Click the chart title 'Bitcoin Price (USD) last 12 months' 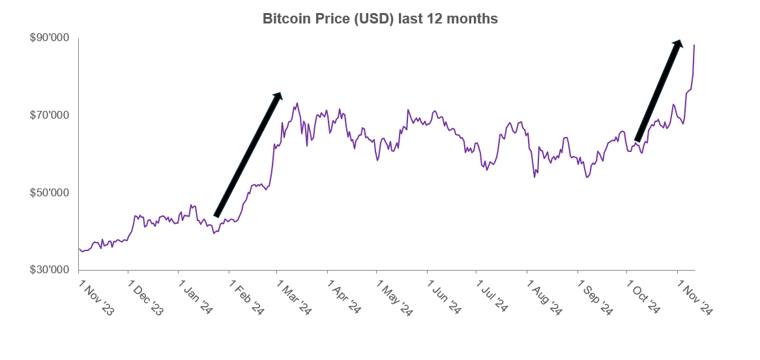tap(380, 19)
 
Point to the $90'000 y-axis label tap(50, 38)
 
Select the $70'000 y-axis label tap(50, 115)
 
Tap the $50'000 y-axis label tap(50, 193)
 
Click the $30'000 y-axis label tap(50, 270)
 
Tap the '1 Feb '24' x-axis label tap(246, 299)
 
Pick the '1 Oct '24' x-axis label tap(643, 299)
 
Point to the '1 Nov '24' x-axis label tap(694, 299)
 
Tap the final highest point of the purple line tap(694, 45)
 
